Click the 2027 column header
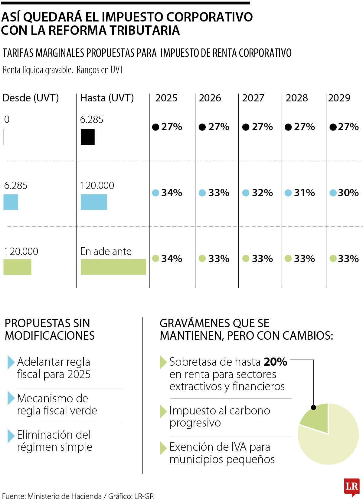pyautogui.click(x=253, y=98)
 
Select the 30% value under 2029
pyautogui.click(x=348, y=193)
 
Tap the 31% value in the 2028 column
pyautogui.click(x=304, y=193)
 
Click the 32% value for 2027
pyautogui.click(x=262, y=193)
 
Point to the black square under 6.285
pyautogui.click(x=88, y=137)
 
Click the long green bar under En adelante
pyautogui.click(x=113, y=267)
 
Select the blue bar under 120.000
pyautogui.click(x=94, y=202)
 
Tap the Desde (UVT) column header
pyautogui.click(x=31, y=98)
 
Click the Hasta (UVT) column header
pyautogui.click(x=107, y=98)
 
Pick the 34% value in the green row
pyautogui.click(x=171, y=259)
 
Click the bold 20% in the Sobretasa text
pyautogui.click(x=275, y=362)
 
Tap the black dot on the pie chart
pyautogui.click(x=313, y=407)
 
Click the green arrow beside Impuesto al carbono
pyautogui.click(x=163, y=411)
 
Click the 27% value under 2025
pyautogui.click(x=171, y=127)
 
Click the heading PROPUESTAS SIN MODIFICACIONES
pyautogui.click(x=50, y=329)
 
